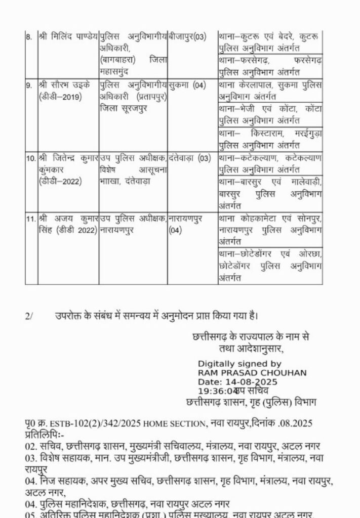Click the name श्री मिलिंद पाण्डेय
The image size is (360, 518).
(68, 36)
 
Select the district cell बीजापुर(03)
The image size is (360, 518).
(188, 36)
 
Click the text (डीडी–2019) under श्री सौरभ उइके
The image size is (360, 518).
(57, 97)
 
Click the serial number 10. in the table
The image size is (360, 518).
(30, 158)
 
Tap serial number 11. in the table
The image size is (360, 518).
(30, 219)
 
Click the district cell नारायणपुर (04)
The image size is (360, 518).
(189, 224)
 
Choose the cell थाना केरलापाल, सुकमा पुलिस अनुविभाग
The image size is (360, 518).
(270, 91)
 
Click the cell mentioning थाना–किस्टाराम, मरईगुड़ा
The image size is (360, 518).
(270, 139)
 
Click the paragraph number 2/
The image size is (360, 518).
(28, 316)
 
